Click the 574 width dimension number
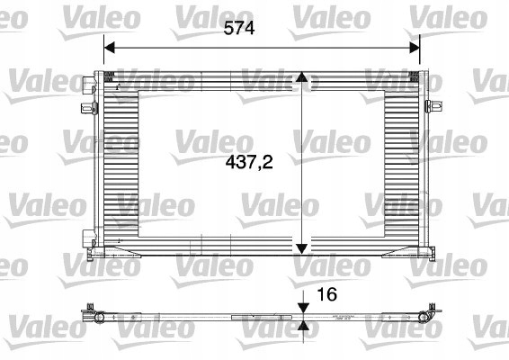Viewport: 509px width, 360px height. click(240, 28)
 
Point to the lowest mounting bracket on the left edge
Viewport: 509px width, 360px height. click(87, 238)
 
